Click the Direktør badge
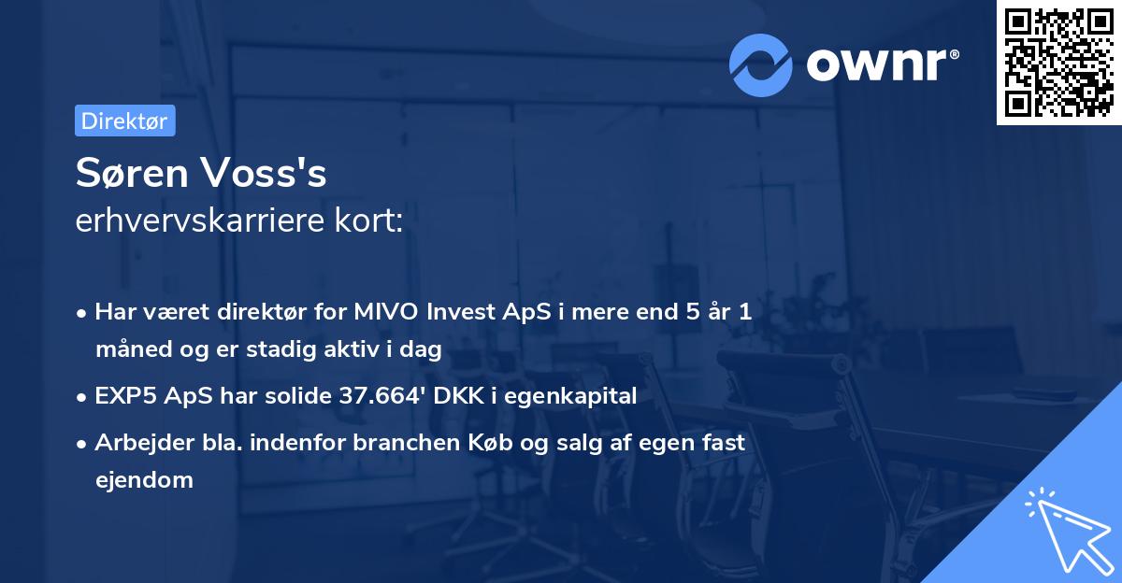[124, 121]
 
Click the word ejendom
[144, 480]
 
